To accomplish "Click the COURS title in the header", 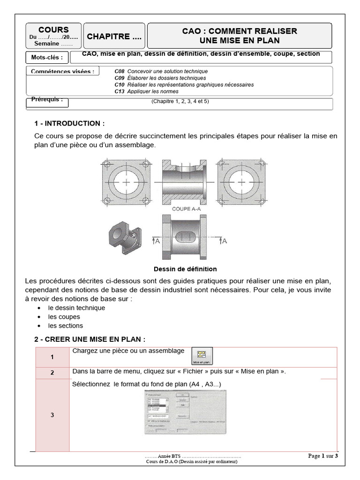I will [53, 30].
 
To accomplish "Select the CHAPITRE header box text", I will [114, 37].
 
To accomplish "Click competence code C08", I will [119, 71].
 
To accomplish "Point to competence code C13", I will [119, 91].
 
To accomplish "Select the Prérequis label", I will [46, 100].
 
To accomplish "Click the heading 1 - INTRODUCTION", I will [69, 124].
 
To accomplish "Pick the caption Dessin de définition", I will [185, 269].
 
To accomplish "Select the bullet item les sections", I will [65, 326].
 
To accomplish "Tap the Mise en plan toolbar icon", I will [202, 356].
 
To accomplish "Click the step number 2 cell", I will [52, 373].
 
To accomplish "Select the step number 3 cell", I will [52, 415].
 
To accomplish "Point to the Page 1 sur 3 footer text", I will [322, 456].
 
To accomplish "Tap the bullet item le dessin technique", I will [76, 308].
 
